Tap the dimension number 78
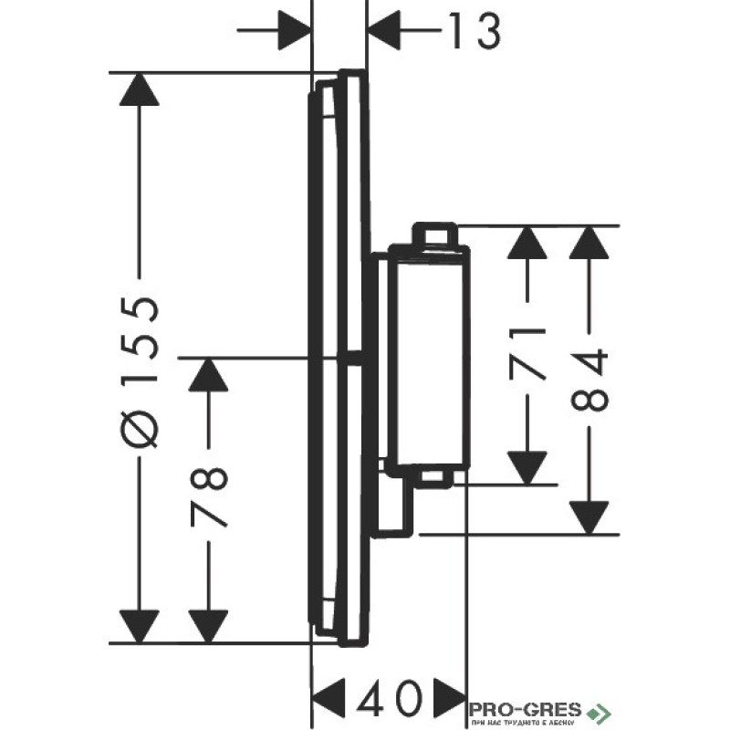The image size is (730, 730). point(211,497)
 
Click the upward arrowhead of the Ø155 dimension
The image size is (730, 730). point(140,92)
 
